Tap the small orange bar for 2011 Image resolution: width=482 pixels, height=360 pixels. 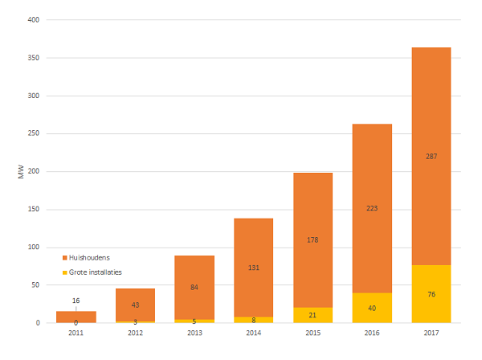(x=76, y=314)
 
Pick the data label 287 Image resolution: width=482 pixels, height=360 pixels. (x=431, y=156)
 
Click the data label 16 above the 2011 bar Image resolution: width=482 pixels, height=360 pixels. (x=76, y=301)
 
